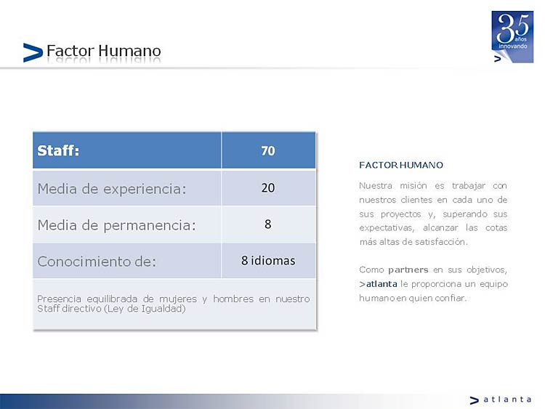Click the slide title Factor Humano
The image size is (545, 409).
pos(104,51)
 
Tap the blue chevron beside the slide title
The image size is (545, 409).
pos(33,52)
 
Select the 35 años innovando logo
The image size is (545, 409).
pos(512,36)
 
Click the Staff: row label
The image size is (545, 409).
pos(58,151)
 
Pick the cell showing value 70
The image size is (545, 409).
pos(268,151)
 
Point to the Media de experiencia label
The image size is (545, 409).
pos(112,189)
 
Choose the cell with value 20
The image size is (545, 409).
pos(268,187)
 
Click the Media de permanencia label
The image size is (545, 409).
pos(117,225)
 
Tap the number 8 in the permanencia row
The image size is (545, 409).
pos(267,224)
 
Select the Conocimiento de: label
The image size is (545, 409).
pos(97,262)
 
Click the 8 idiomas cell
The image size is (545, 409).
pos(268,260)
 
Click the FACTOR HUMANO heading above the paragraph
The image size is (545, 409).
pos(401,165)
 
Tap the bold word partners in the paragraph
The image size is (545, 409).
pos(408,270)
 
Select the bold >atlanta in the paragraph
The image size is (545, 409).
pos(378,284)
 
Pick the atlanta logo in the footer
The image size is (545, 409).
pos(500,400)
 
